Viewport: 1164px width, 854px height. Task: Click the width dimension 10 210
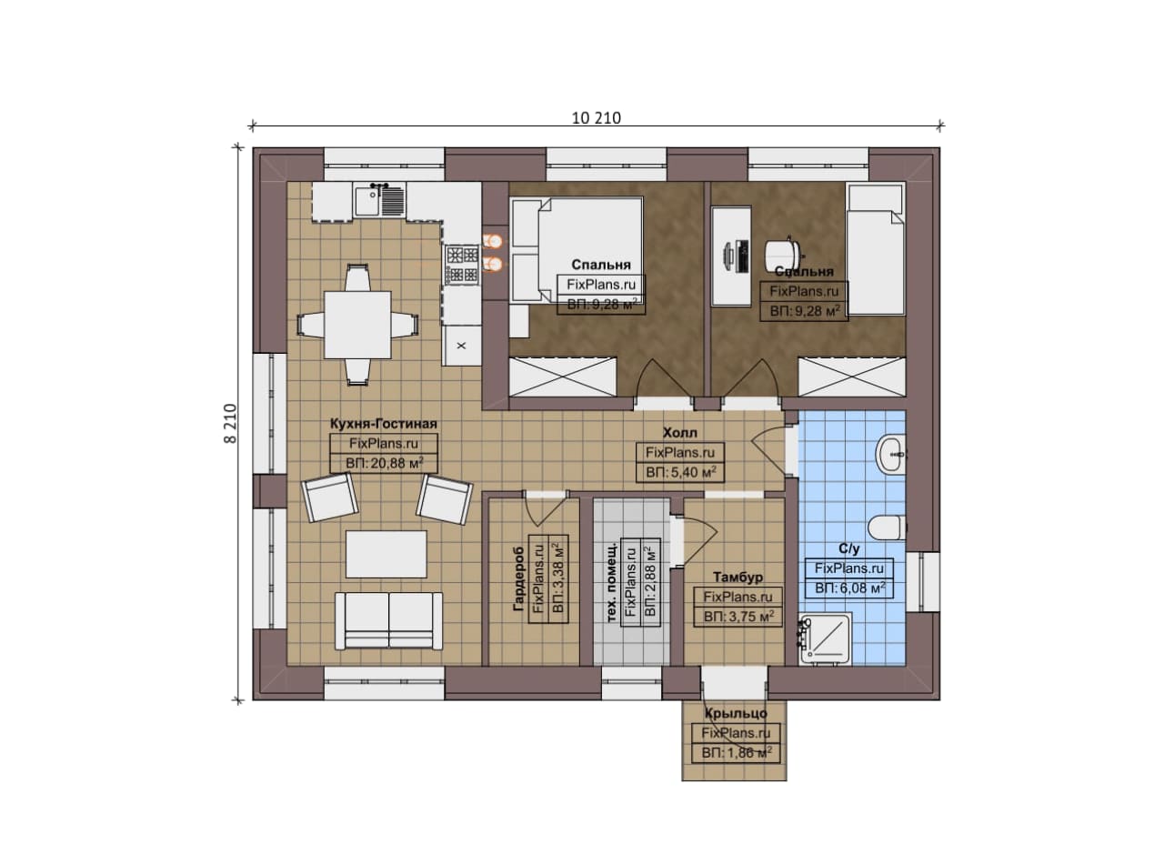tap(596, 118)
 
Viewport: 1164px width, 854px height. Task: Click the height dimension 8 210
tap(230, 424)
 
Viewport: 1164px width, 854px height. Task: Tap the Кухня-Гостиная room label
tap(384, 424)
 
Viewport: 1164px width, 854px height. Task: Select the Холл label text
tap(679, 433)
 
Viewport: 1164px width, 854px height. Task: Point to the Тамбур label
tap(738, 577)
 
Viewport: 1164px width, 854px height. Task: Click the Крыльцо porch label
tap(736, 713)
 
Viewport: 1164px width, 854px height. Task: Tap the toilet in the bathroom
tap(887, 527)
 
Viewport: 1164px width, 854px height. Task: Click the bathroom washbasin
tap(891, 456)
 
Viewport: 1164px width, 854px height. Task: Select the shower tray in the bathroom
tap(826, 638)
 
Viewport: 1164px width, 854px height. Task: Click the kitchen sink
tap(379, 201)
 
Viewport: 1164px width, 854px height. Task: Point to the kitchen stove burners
tap(462, 265)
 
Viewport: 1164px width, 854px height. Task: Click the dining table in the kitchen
tap(357, 325)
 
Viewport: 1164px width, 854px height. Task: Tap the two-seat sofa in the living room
tap(388, 620)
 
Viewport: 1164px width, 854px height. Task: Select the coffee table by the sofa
tap(386, 554)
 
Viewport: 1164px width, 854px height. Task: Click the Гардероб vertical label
tap(518, 578)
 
